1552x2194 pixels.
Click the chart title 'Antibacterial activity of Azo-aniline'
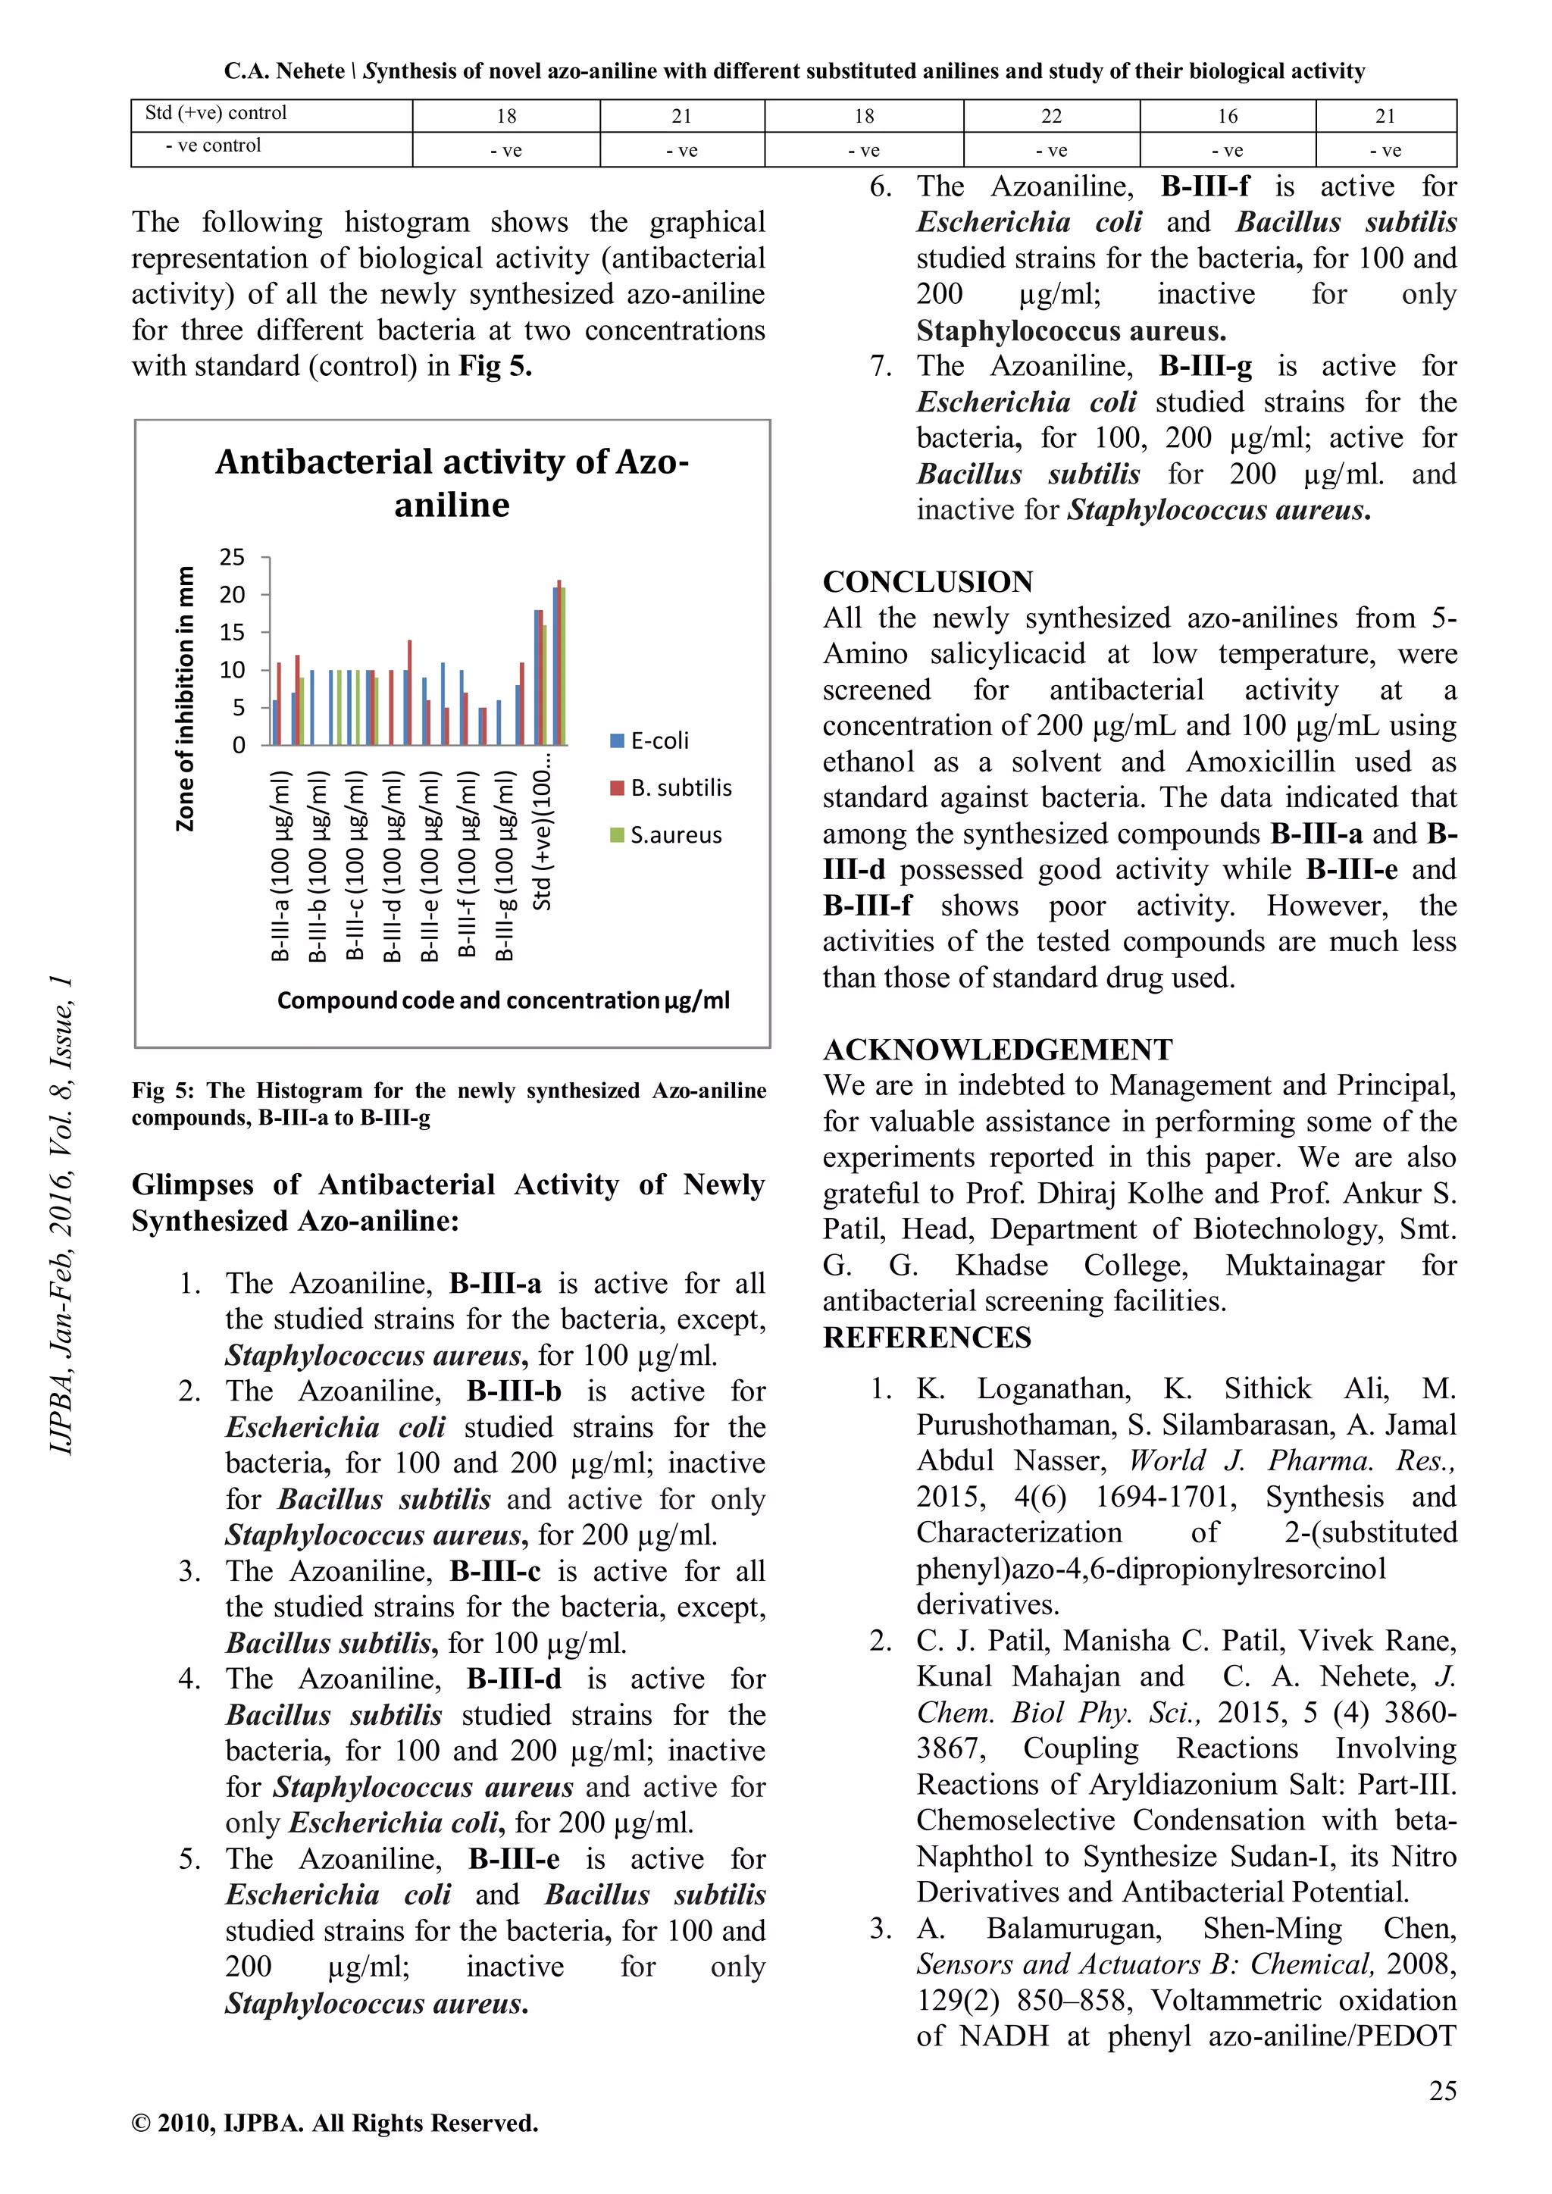[452, 483]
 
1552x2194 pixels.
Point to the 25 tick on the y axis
[232, 557]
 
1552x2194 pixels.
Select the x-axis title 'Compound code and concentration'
[502, 1000]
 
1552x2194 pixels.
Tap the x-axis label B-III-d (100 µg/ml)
[393, 865]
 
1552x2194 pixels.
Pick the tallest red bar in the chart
[559, 662]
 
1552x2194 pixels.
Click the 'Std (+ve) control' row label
[216, 113]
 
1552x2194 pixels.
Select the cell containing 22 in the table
[1051, 117]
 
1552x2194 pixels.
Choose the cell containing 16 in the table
[1227, 117]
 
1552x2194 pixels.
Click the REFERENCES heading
[927, 1338]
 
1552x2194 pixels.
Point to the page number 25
[1442, 2091]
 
